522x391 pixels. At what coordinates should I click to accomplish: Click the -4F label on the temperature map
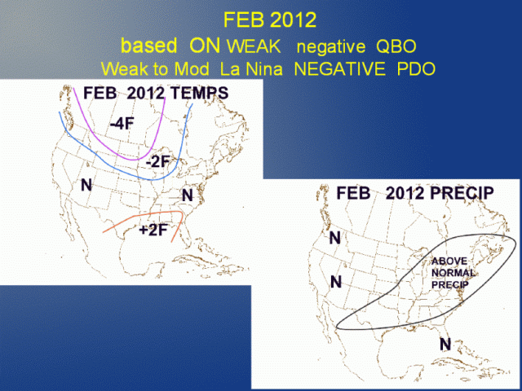pos(122,125)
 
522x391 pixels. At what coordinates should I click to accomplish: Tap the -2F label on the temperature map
pos(158,162)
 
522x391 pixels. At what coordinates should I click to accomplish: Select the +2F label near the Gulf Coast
pos(153,230)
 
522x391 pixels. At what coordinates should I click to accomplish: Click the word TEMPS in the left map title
pos(199,93)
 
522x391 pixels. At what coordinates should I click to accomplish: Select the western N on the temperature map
pos(86,185)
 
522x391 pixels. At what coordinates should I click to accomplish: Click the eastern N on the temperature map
pos(188,195)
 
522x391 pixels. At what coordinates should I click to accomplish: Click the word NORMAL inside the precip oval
pos(453,273)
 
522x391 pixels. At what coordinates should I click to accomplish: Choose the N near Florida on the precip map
pos(445,344)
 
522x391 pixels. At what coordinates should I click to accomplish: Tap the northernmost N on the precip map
pos(335,238)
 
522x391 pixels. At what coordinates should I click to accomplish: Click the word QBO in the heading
pos(396,47)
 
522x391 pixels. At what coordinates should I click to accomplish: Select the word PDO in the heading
pos(417,68)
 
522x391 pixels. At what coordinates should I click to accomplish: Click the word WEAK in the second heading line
pos(254,47)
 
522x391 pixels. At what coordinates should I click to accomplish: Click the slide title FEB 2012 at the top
pos(270,20)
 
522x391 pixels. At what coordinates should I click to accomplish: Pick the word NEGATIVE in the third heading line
pos(339,68)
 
